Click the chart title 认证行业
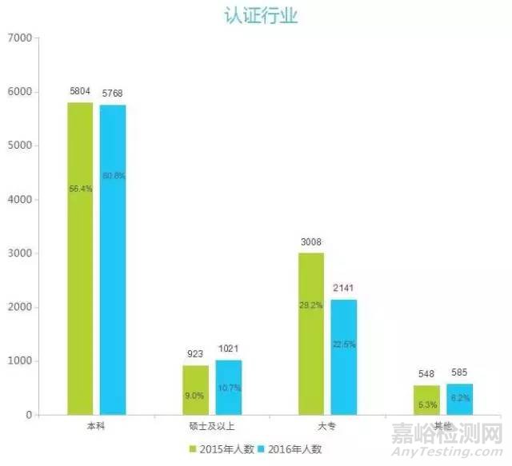pos(257,15)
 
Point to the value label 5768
pos(113,94)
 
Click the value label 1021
pos(228,349)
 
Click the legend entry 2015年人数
pos(221,449)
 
